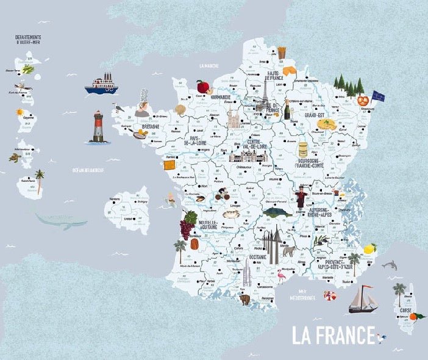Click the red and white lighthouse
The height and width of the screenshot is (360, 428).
click(98, 127)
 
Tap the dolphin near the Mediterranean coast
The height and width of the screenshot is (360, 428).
click(389, 265)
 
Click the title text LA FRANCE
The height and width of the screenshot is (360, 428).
click(332, 335)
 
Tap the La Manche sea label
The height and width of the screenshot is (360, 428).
click(209, 65)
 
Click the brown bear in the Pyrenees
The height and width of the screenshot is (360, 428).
click(245, 300)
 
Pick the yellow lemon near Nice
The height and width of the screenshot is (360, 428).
click(369, 249)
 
